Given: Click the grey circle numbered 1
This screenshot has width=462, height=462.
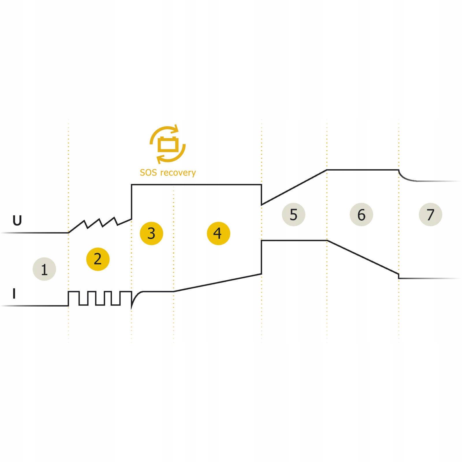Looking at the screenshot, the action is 44,269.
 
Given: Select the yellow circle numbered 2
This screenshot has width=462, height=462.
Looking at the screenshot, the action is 98,259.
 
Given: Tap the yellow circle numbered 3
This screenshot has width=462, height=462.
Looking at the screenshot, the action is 151,233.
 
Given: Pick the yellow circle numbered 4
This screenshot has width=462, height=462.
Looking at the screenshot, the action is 218,233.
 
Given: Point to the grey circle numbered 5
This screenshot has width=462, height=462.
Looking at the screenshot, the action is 293,215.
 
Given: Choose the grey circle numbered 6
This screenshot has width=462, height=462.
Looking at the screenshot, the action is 361,215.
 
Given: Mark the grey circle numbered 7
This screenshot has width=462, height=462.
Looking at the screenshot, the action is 430,215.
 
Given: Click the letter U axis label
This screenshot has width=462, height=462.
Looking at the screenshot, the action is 17,221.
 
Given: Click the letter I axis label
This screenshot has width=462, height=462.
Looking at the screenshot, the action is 14,294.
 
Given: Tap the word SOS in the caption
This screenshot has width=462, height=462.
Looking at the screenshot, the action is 148,173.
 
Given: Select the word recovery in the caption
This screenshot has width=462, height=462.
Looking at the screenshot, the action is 178,173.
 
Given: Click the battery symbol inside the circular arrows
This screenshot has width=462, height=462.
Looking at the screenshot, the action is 168,144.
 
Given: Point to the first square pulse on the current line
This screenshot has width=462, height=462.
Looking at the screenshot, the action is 74,292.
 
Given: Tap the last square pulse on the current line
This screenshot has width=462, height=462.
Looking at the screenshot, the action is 126,292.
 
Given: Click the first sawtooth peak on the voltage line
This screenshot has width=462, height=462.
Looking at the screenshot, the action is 84,221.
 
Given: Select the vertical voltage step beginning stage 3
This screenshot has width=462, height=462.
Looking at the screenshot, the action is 132,202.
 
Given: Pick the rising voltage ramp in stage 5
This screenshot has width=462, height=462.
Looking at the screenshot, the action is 294,187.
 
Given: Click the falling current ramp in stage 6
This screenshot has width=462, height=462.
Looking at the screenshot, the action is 363,257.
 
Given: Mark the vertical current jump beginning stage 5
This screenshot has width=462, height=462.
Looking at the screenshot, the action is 261,257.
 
